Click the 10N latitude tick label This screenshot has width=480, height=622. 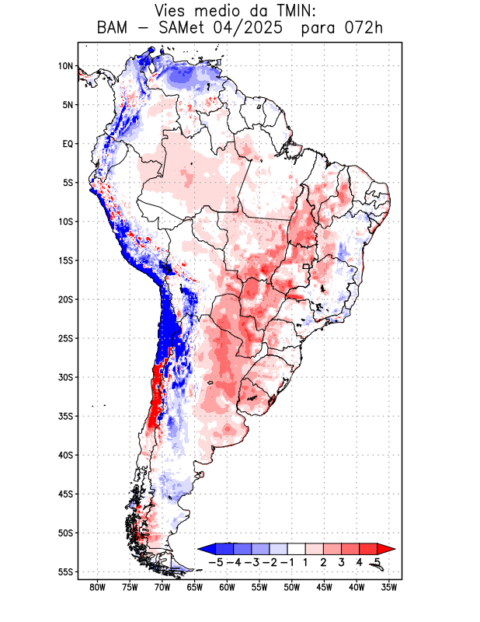[65, 66]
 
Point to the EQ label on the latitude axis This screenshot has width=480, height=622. [67, 144]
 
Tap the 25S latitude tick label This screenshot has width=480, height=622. [64, 338]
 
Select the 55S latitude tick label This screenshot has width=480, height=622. [64, 572]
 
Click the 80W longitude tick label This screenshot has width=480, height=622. [97, 588]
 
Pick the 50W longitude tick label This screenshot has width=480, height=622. [291, 588]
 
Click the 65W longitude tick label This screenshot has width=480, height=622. [194, 588]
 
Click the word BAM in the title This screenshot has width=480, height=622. [116, 29]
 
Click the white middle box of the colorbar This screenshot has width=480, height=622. [297, 549]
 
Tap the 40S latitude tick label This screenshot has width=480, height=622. [64, 455]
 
